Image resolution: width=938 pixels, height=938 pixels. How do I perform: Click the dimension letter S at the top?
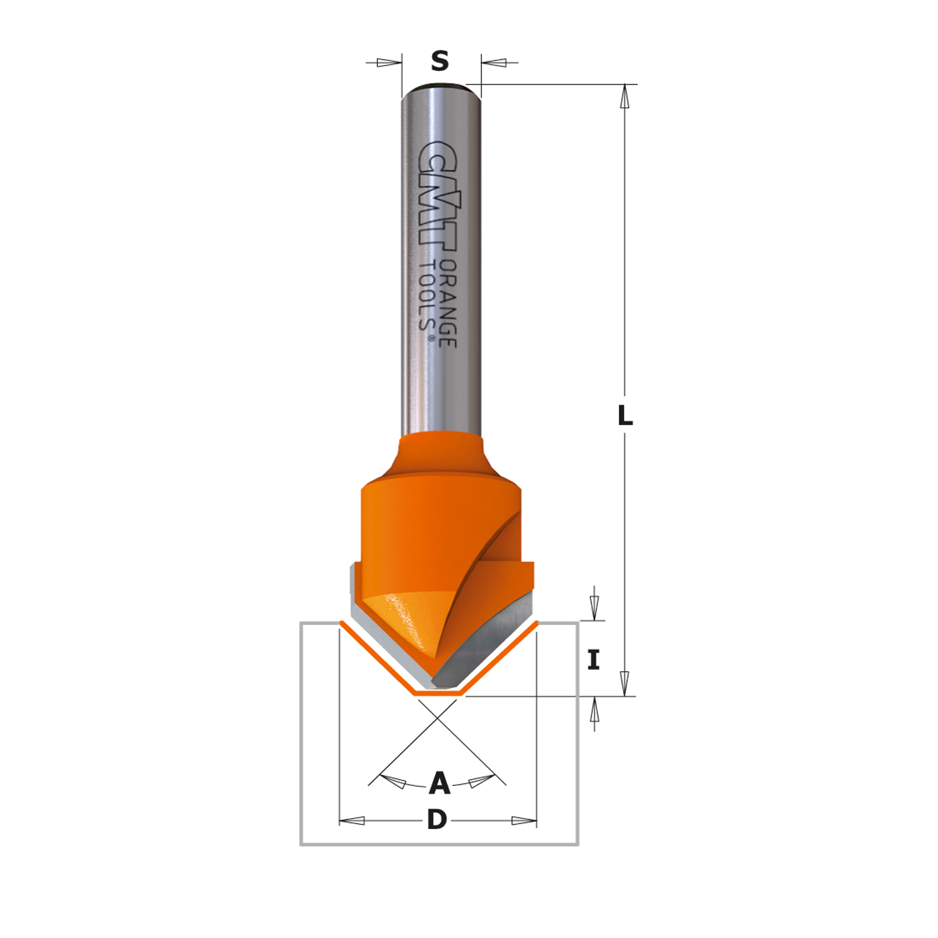click(x=440, y=62)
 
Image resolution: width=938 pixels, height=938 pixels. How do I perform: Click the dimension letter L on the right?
click(x=624, y=415)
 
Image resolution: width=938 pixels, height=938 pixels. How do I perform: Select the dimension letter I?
click(x=594, y=660)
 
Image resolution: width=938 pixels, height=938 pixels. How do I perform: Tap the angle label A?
click(x=440, y=783)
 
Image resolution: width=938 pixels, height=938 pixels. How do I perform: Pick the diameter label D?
click(x=437, y=819)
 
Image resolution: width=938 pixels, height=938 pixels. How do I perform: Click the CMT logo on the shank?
click(x=440, y=194)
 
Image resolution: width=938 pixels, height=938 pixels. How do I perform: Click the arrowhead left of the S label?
click(x=388, y=63)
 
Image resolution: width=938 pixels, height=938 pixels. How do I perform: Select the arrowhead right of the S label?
click(x=494, y=63)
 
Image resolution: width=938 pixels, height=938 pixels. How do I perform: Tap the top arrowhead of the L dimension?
click(x=624, y=96)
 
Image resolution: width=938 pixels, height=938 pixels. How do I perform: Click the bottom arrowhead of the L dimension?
click(x=624, y=683)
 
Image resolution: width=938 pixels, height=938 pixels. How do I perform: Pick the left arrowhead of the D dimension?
click(x=352, y=821)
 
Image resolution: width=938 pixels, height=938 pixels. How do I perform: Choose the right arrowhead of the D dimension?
click(x=523, y=821)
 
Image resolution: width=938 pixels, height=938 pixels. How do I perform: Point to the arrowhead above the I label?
click(x=594, y=607)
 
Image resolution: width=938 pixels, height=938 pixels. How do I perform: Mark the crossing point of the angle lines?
click(x=437, y=718)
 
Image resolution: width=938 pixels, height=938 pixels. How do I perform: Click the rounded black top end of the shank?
click(x=440, y=86)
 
